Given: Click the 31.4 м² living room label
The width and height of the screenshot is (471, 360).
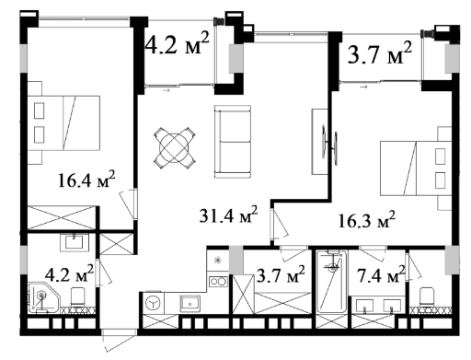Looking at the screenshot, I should pyautogui.click(x=228, y=217).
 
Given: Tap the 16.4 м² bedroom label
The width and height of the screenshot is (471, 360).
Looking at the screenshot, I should pyautogui.click(x=86, y=179).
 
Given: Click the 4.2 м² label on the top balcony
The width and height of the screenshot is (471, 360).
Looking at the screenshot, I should pyautogui.click(x=178, y=43).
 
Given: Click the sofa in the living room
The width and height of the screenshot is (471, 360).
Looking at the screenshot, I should pyautogui.click(x=233, y=143).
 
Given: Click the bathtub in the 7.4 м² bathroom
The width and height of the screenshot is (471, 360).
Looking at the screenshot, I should pyautogui.click(x=331, y=287).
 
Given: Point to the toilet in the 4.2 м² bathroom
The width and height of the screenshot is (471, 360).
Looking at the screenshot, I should pyautogui.click(x=78, y=296).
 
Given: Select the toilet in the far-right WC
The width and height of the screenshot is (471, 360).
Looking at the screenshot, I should pyautogui.click(x=427, y=296).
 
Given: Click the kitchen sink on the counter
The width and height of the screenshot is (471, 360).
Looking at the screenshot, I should pyautogui.click(x=190, y=302).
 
